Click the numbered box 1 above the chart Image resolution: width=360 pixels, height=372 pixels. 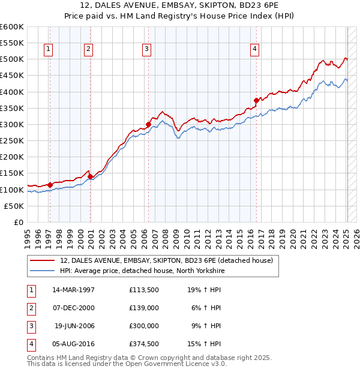pos(48,49)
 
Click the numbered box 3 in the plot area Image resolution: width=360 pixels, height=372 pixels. pos(146,49)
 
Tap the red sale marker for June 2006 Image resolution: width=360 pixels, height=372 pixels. pos(148,125)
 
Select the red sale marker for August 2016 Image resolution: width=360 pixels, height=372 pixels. pos(256,100)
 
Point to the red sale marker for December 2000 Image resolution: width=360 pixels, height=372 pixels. pos(90,177)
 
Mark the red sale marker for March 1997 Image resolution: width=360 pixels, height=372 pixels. pos(50,185)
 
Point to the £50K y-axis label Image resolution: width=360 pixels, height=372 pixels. pos(13,206)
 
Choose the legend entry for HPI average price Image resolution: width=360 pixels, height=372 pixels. pos(142,271)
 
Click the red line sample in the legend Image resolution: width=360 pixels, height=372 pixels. pos(43,260)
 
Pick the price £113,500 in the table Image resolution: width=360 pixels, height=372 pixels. pos(143,289)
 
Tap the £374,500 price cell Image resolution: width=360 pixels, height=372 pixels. pos(143,344)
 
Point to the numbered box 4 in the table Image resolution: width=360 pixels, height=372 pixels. pos(30,344)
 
